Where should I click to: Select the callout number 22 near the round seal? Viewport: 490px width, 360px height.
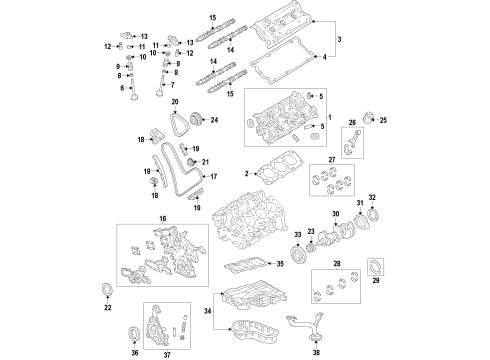(x=108, y=308)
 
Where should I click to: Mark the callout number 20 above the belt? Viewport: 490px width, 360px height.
(x=174, y=103)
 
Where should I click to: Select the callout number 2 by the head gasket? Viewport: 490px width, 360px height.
(x=247, y=175)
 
